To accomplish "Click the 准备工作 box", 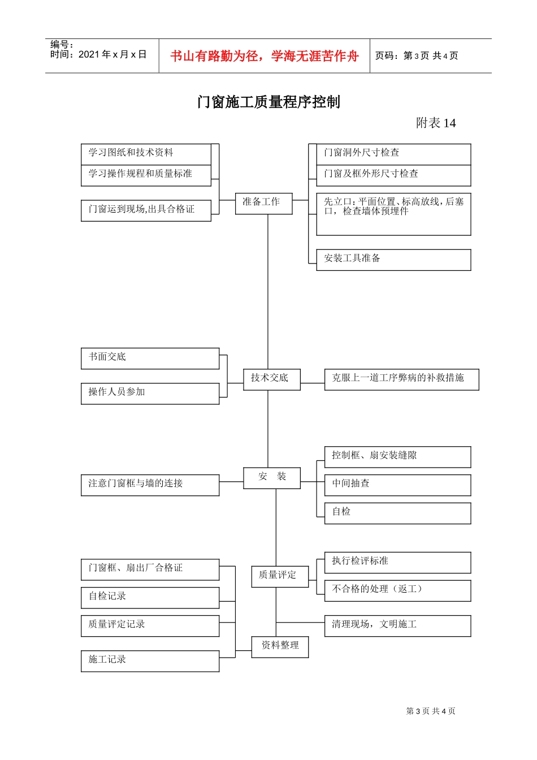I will click(263, 203).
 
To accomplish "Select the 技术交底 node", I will click(271, 379).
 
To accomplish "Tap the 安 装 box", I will click(272, 478).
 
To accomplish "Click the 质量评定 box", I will click(280, 576).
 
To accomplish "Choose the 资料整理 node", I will click(280, 647).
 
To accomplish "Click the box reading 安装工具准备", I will click(393, 260).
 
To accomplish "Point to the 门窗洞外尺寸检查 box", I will click(393, 154).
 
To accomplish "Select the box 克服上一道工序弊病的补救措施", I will click(401, 379).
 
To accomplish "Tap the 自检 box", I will click(397, 513).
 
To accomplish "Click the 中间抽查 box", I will click(397, 485).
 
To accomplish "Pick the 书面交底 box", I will click(150, 359).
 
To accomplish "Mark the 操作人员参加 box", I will click(150, 394).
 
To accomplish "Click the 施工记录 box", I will click(150, 661).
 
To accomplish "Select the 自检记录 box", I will click(150, 598).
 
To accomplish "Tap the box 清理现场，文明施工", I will click(397, 625).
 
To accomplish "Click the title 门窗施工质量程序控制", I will click(268, 102).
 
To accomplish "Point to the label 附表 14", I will click(435, 123).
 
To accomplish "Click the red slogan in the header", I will click(265, 56).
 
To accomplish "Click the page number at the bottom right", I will click(431, 711).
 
